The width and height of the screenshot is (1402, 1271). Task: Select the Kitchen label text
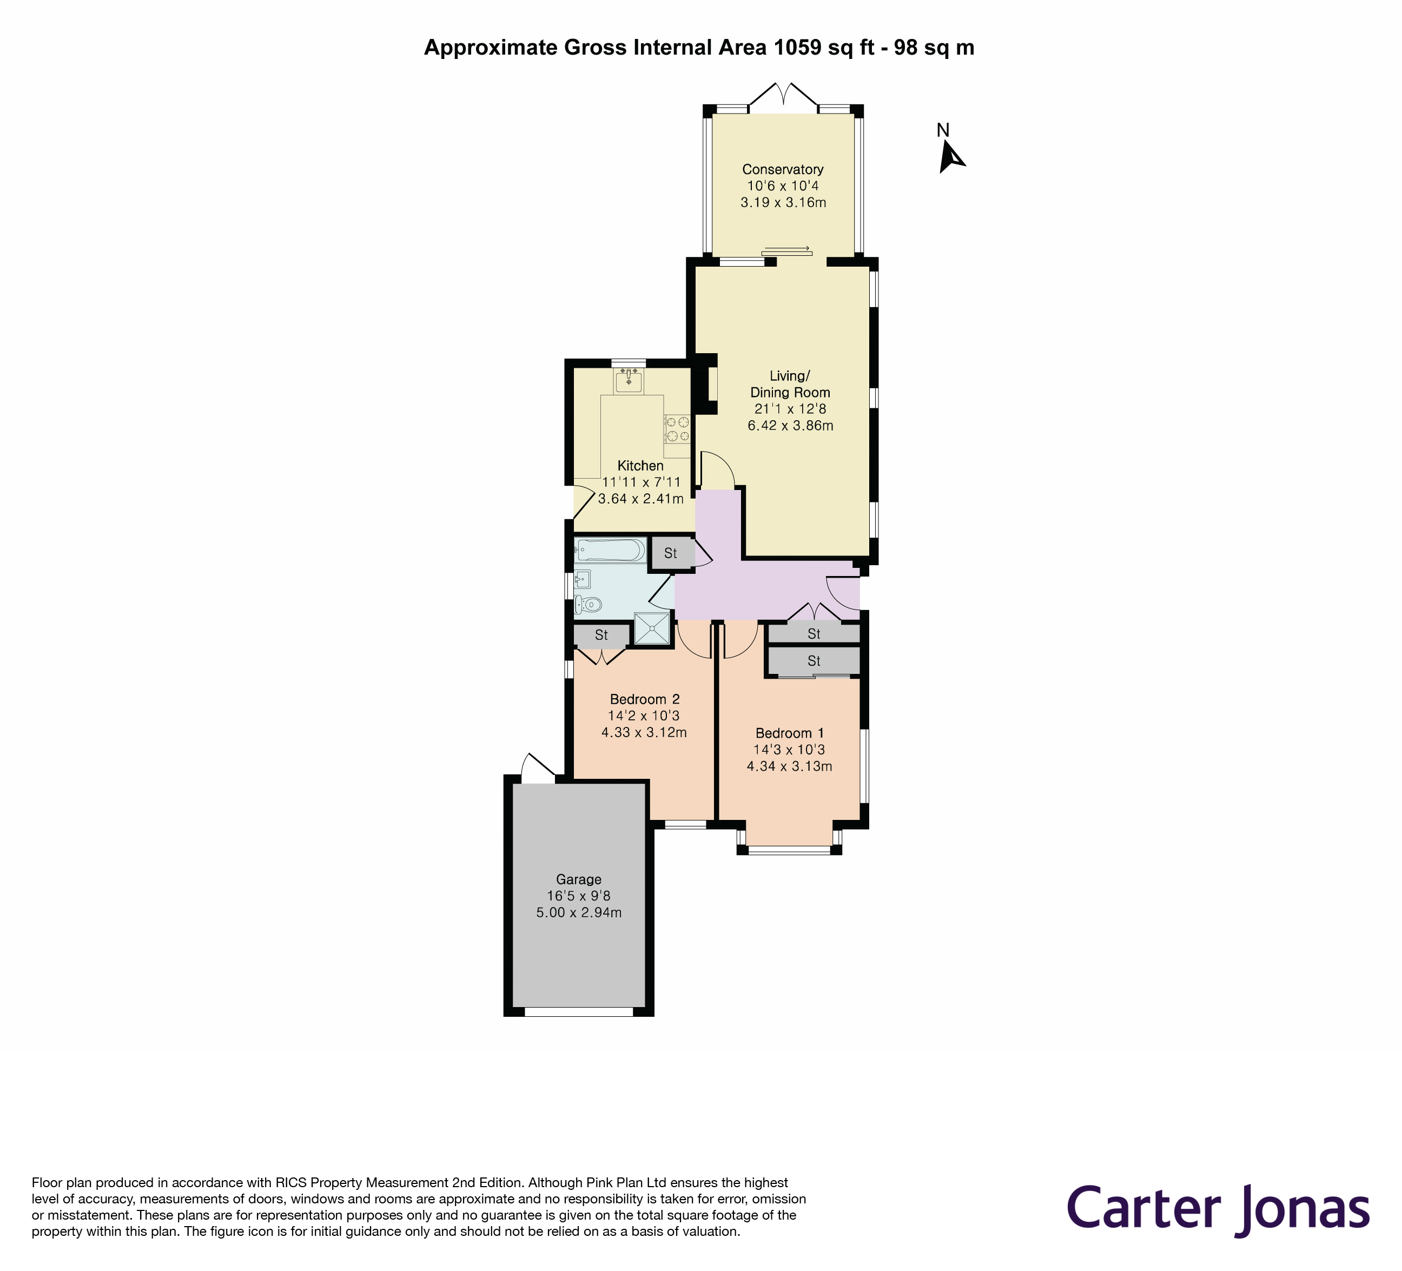coord(640,465)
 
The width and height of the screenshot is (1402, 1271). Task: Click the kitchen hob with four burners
coord(677,428)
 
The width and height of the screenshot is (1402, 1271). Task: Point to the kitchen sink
coord(629,380)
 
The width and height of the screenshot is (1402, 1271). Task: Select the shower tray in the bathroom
coord(652,629)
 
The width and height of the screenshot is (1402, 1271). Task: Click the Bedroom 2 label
coord(644,699)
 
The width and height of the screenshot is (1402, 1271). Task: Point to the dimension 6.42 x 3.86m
coord(790,426)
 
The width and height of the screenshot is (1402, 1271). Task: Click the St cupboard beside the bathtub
coord(670,553)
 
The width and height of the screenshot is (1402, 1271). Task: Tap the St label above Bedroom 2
coord(601,635)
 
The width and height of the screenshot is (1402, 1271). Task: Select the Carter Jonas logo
coord(1218,1207)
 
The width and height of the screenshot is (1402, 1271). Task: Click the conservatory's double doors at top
coord(783,95)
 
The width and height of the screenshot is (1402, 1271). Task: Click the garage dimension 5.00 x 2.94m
coord(579,912)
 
